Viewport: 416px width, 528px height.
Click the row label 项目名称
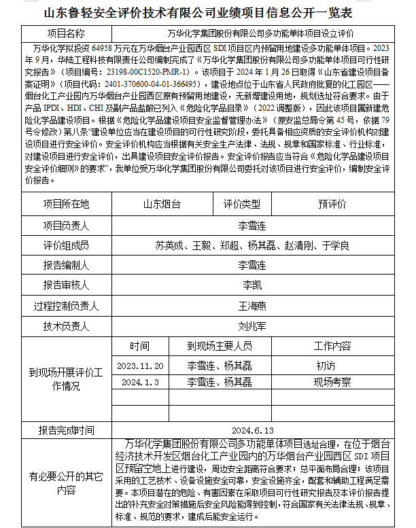pos(66,33)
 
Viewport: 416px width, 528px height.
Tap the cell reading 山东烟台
pos(162,204)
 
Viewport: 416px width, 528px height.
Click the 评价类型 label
pos(242,204)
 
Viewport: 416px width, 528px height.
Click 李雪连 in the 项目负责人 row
pos(252,225)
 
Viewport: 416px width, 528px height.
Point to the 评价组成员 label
pos(66,245)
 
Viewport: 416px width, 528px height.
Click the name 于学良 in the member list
pos(335,245)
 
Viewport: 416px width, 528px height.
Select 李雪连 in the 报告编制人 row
pos(252,265)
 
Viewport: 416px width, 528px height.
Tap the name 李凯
pos(252,285)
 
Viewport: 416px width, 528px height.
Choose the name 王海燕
pos(252,306)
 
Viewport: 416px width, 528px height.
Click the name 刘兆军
pos(252,326)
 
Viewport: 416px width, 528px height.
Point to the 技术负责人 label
pos(66,326)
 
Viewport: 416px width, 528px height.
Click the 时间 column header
pos(140,346)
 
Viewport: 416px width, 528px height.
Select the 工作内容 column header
pos(332,346)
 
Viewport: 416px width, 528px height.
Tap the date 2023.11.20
pos(141,366)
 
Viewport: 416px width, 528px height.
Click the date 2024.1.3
pos(140,383)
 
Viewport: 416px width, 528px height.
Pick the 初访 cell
pos(326,366)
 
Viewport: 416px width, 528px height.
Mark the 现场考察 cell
pos(332,383)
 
